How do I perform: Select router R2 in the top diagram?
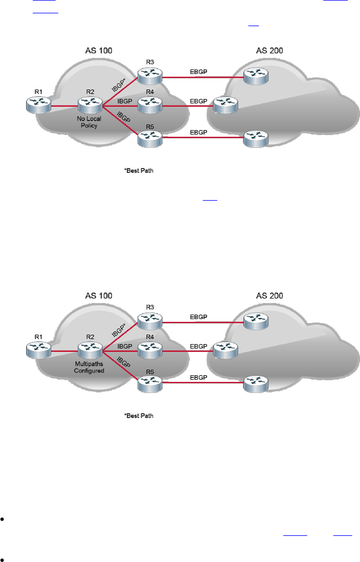point(89,104)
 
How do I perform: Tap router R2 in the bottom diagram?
point(89,350)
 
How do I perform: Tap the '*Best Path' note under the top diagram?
point(138,171)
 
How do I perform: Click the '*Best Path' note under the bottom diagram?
point(138,415)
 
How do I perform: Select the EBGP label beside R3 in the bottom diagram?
point(198,317)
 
